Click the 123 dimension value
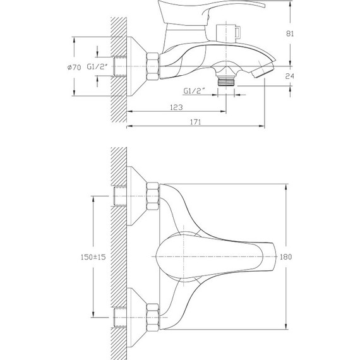(x=176, y=107)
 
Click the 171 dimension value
(x=196, y=122)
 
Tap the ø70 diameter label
(x=74, y=68)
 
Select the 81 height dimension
(x=290, y=33)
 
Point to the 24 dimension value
(x=289, y=76)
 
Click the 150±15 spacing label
(x=93, y=257)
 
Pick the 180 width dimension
(x=285, y=256)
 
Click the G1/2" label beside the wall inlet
(x=97, y=67)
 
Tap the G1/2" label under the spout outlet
(x=194, y=91)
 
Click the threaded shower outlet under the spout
(x=226, y=81)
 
